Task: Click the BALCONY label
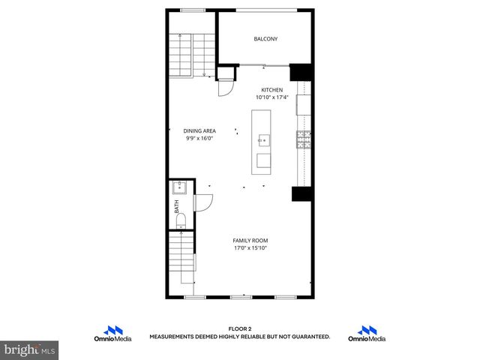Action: tap(265, 39)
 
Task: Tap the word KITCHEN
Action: tap(271, 91)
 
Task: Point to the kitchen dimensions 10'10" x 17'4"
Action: tap(271, 97)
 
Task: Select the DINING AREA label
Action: tap(199, 130)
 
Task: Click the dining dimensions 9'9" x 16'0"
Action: tap(199, 138)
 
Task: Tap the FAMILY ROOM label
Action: tap(250, 240)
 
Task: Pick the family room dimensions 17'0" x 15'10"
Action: tap(250, 247)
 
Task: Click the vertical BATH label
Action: tap(177, 206)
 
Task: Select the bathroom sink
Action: tap(180, 188)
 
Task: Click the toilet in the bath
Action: tap(181, 220)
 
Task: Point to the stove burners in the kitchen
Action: tap(304, 139)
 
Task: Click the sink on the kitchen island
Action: tap(264, 139)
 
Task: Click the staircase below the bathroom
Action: tap(181, 259)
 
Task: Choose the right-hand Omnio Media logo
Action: tap(367, 334)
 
